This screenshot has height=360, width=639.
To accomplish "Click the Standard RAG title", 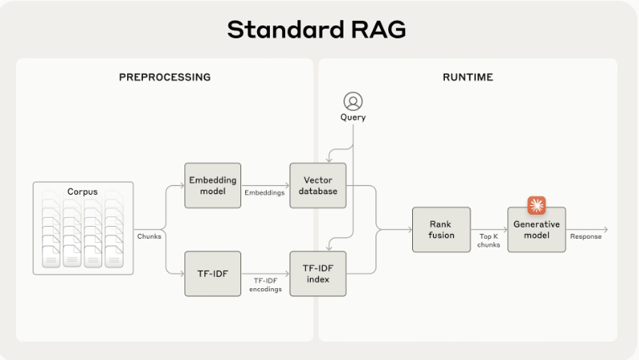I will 316,30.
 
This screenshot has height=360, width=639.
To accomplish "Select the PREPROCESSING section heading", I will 165,77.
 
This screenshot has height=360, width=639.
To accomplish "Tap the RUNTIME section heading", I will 468,77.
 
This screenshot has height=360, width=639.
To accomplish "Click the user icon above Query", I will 352,101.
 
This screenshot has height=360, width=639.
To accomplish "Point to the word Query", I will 352,118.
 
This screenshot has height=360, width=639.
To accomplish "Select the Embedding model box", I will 212,186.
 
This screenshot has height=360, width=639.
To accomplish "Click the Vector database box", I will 318,186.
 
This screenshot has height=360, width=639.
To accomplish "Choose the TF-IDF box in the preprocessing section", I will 212,274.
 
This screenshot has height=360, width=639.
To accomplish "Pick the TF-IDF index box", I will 318,274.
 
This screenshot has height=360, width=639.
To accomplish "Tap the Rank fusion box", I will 441,230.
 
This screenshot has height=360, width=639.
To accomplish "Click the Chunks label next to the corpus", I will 149,236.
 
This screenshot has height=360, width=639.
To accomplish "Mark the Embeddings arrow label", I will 264,192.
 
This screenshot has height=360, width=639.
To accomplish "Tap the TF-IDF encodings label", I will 264,284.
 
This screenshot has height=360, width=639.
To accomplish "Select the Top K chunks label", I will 489,240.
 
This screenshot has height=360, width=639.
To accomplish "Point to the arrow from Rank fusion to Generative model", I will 489,230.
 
